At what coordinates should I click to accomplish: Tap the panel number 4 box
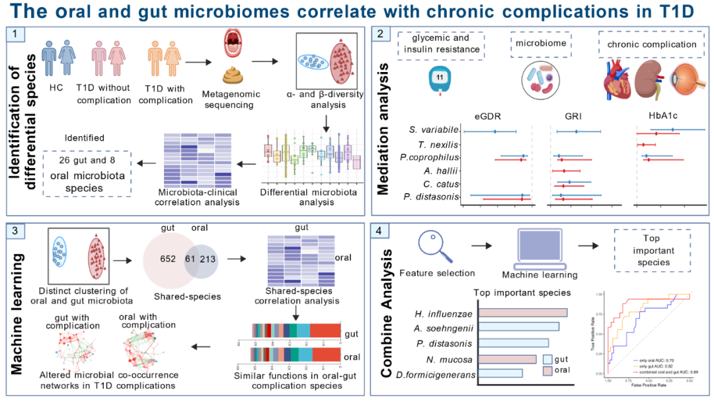[x=379, y=231]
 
